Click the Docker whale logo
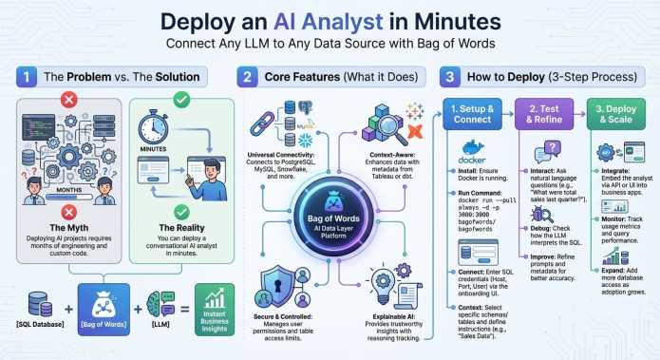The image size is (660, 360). coord(472,150)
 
